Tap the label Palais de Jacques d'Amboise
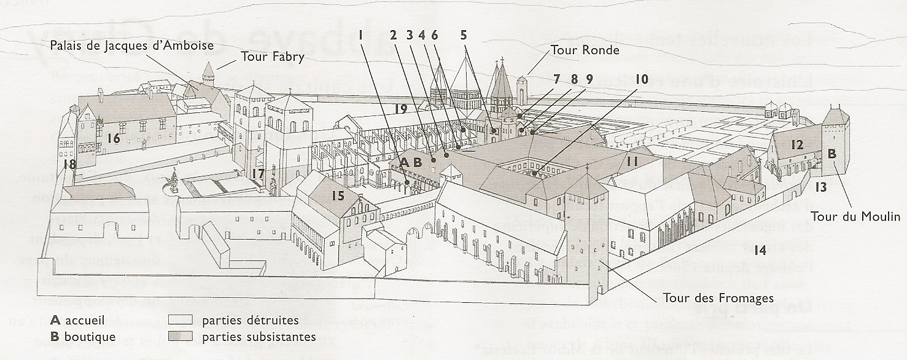pos(132,45)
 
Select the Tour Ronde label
pos(585,50)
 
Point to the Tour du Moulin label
pos(855,216)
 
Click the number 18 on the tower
pos(69,164)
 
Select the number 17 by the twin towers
pos(257,174)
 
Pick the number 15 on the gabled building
pos(338,197)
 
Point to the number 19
pos(401,109)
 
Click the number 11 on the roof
pos(633,161)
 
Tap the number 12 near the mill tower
pos(797,145)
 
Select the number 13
pos(821,187)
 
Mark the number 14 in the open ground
pos(760,250)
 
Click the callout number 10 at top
pos(642,79)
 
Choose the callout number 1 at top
pos(362,35)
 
